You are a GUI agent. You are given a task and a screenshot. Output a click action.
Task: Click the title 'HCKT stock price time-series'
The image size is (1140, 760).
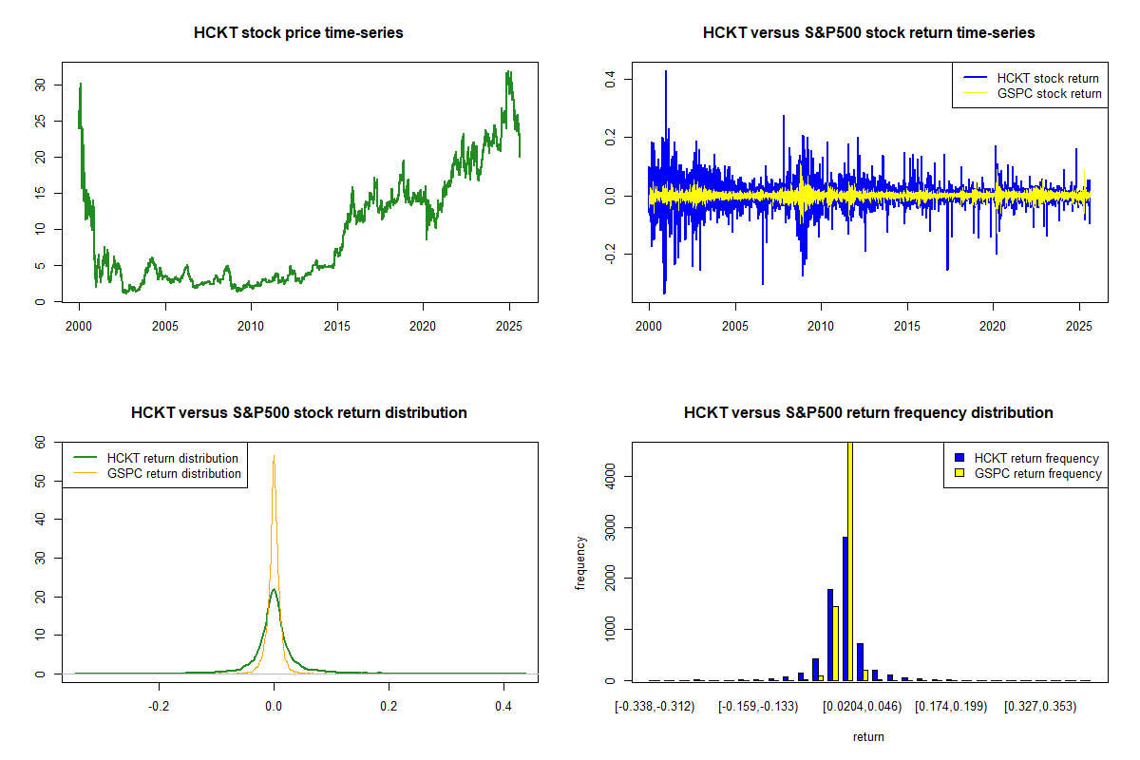tap(298, 33)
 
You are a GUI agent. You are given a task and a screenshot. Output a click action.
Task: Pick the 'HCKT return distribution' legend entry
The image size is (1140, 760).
tap(173, 458)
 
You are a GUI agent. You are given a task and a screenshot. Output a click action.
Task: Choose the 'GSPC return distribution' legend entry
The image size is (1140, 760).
tap(174, 473)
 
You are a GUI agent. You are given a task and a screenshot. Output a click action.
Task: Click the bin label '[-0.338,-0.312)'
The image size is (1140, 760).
tap(655, 707)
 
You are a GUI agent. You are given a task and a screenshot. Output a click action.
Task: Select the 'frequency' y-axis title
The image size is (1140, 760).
tap(580, 562)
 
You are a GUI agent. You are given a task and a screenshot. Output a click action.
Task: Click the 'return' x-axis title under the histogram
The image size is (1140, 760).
tap(868, 736)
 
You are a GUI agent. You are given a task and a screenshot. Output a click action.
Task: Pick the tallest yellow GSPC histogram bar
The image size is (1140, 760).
tap(850, 560)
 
